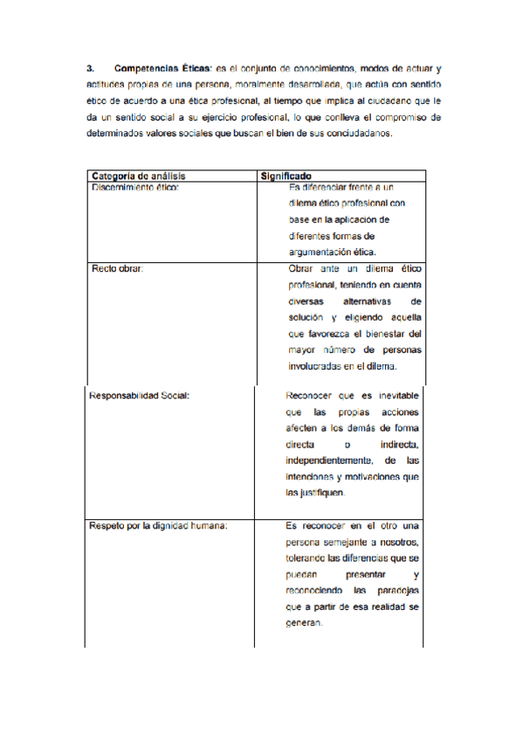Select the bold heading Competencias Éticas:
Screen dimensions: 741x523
click(x=162, y=67)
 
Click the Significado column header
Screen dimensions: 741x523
click(x=287, y=175)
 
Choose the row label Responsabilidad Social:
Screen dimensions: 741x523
click(x=140, y=394)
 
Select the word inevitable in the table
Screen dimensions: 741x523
click(x=394, y=394)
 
